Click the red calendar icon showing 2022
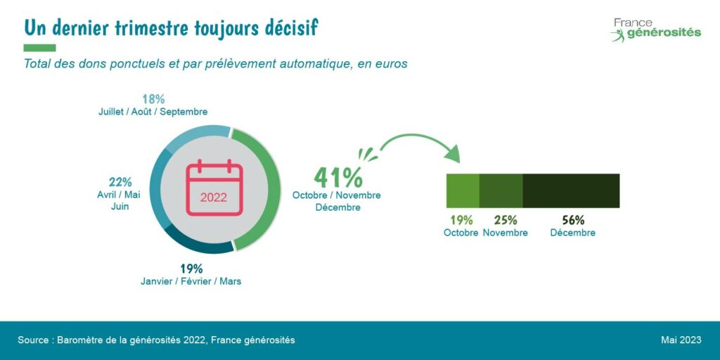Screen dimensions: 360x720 point(214,188)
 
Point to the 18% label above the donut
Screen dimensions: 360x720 point(153,99)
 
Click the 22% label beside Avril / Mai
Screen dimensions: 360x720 point(120,182)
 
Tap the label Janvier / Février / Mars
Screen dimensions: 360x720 point(191,282)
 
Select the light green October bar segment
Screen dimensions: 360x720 point(463,191)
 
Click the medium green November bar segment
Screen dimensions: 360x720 point(501,191)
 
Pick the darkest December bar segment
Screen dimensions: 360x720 point(571,191)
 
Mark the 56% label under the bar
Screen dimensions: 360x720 point(573,220)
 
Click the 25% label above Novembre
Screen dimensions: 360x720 point(505,220)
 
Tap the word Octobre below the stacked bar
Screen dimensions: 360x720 point(461,233)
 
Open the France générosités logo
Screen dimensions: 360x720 point(655,30)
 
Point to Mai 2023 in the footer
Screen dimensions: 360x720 point(681,340)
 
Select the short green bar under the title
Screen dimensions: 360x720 point(39,48)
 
